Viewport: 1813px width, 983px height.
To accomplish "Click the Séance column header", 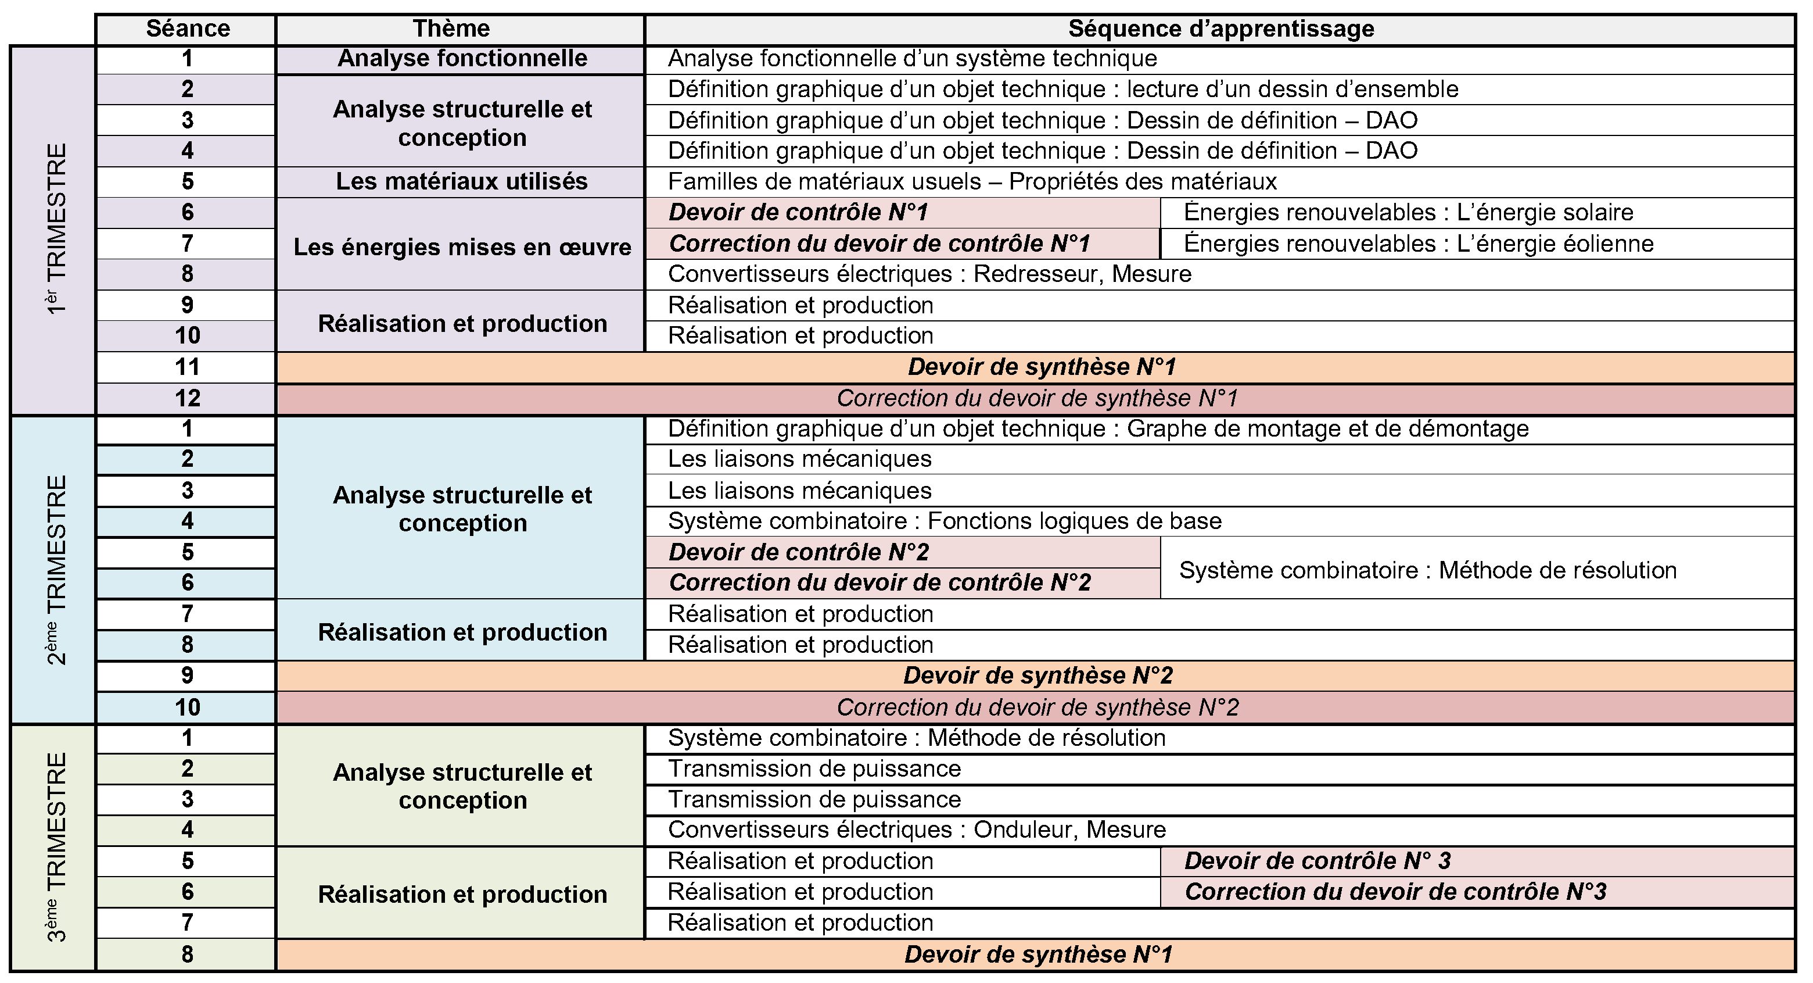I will click(x=187, y=29).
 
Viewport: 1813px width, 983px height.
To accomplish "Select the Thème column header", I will click(x=451, y=29).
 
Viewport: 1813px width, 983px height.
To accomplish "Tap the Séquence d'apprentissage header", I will click(x=1220, y=29).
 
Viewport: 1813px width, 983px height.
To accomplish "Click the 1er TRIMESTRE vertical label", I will click(x=55, y=229).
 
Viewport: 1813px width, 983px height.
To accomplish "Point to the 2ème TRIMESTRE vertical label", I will click(x=55, y=569).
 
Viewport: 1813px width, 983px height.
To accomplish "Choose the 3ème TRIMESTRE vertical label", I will click(x=55, y=846).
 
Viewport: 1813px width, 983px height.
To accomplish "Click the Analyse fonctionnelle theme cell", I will click(x=462, y=59).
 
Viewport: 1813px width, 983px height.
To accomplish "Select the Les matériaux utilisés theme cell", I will click(x=462, y=182).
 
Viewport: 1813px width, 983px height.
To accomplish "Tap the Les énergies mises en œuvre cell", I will click(x=462, y=247).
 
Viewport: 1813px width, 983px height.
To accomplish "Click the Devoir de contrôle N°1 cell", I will click(x=798, y=213).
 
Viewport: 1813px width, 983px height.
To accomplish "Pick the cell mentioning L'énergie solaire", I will click(x=1408, y=213).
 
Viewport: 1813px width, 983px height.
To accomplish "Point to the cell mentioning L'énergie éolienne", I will click(x=1418, y=244).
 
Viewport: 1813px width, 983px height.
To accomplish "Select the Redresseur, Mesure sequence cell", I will click(x=929, y=274).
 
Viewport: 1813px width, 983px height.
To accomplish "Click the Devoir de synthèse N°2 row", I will click(x=1037, y=676).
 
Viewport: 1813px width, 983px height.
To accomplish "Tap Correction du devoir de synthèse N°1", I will click(x=1037, y=399).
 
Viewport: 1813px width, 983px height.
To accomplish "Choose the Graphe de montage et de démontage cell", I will click(x=1098, y=429).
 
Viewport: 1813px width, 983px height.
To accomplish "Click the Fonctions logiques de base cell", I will click(x=945, y=521).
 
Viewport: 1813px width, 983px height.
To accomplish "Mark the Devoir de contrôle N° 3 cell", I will click(x=1317, y=861).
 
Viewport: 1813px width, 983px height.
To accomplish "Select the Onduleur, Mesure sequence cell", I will click(x=916, y=830).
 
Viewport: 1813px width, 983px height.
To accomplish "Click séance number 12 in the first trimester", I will click(x=187, y=399).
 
